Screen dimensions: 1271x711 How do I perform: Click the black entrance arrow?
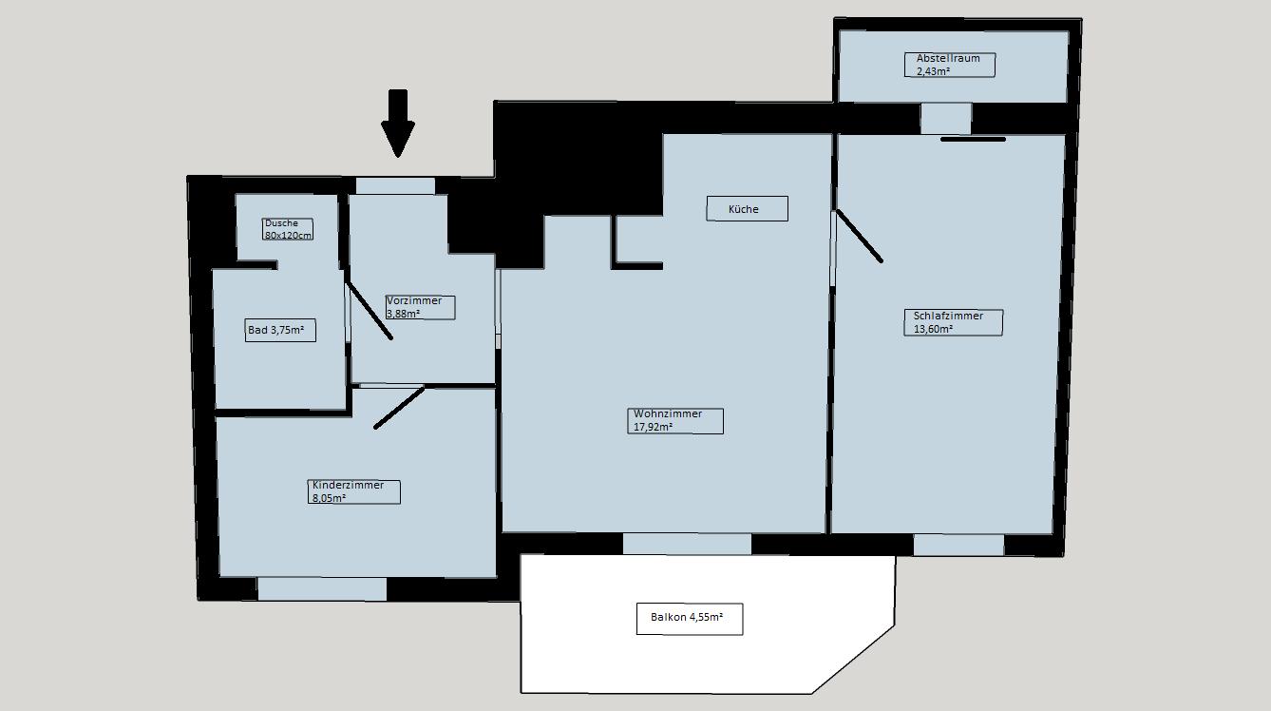398,122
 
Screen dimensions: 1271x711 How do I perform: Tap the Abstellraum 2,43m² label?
950,65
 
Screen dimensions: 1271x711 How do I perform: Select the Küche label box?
748,208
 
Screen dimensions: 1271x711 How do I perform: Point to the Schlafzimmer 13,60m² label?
954,322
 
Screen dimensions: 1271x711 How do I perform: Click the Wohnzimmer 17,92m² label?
675,421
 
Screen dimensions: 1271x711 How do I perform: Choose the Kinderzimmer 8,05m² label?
354,491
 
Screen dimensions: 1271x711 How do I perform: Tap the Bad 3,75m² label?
280,330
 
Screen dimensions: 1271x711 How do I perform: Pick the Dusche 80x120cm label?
288,229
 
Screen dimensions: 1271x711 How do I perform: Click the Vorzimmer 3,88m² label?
420,307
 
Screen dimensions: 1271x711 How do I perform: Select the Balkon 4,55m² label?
690,619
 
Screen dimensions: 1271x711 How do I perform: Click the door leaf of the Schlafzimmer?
859,236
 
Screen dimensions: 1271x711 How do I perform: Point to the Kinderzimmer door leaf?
399,408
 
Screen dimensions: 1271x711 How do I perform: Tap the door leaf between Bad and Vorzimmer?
369,311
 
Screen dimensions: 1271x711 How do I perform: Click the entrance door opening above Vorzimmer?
395,186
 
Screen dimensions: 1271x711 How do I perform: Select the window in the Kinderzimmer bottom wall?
322,589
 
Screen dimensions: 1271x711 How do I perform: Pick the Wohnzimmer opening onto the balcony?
687,544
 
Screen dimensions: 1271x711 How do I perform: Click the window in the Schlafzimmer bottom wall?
958,545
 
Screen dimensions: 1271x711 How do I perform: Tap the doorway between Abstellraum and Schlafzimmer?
946,118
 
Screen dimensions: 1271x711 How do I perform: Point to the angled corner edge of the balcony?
853,660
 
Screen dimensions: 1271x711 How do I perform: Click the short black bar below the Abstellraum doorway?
973,139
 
